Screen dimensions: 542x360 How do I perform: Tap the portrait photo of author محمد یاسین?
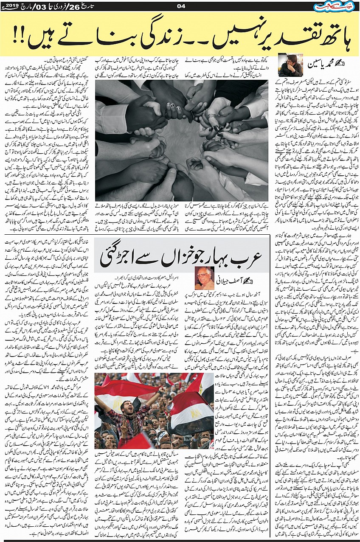point(291,65)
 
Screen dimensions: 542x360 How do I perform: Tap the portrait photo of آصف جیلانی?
point(205,278)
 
